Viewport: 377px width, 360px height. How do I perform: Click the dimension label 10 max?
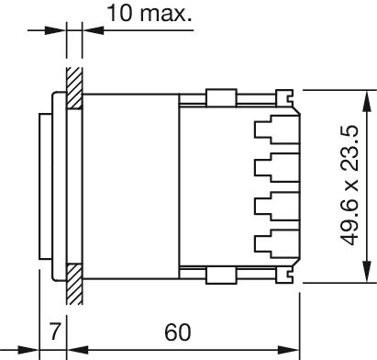click(150, 13)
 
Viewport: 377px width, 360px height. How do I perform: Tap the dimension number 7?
click(55, 332)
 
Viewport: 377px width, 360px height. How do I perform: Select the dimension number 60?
click(178, 332)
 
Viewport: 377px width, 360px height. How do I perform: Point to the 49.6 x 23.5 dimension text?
click(349, 186)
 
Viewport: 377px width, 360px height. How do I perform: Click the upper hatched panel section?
click(74, 88)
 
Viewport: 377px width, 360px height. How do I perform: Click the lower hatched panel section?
click(74, 285)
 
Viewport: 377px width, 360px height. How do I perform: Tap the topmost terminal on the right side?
click(277, 129)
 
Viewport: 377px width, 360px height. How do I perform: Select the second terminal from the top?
click(277, 167)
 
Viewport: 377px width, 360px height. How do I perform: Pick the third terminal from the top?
click(277, 206)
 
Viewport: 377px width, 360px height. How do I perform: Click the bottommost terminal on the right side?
click(277, 244)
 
